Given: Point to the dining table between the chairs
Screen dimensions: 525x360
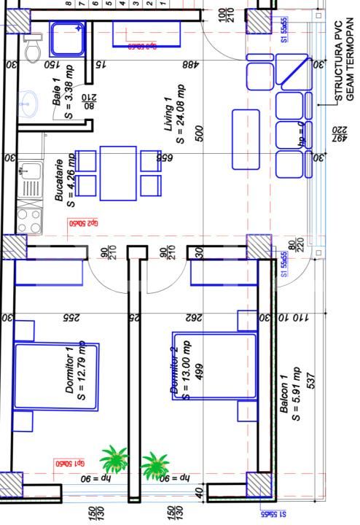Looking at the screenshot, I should pyautogui.click(x=118, y=173).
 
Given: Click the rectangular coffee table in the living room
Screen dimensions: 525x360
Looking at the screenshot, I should pyautogui.click(x=246, y=138).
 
